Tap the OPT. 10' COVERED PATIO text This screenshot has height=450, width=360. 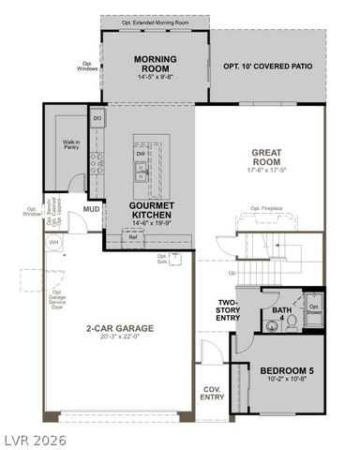(267, 67)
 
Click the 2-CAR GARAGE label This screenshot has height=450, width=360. (120, 329)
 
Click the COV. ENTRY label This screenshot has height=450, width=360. (212, 392)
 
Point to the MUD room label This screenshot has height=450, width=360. (91, 209)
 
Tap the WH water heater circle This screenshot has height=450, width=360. (53, 242)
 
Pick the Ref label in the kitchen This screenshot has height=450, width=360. (133, 237)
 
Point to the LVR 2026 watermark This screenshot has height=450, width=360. (32, 438)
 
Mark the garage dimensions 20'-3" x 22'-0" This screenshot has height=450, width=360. (120, 339)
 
